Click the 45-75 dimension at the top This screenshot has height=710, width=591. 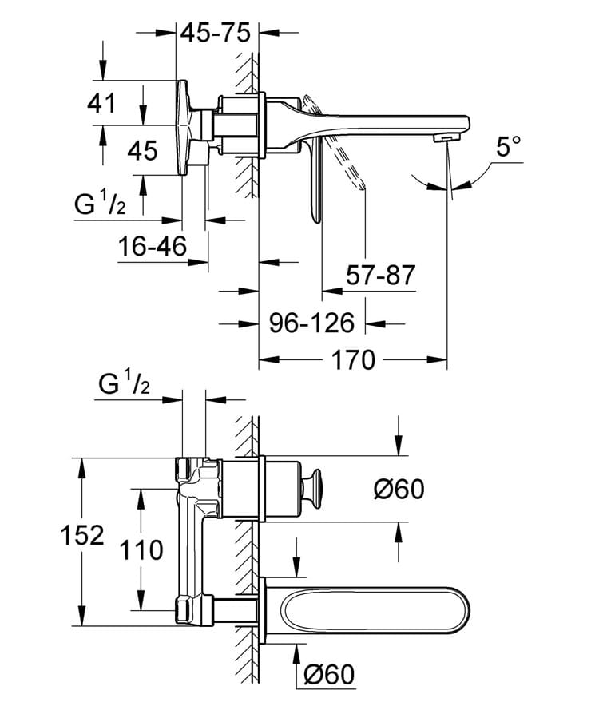[x=216, y=33]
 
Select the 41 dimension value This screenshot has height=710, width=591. [x=103, y=103]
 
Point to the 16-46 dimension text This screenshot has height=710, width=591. [x=153, y=247]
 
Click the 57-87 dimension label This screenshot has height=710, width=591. [x=381, y=276]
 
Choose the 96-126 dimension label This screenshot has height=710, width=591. [x=311, y=323]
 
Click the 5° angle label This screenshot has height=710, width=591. [x=508, y=147]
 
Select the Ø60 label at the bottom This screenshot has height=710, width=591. [x=327, y=676]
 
